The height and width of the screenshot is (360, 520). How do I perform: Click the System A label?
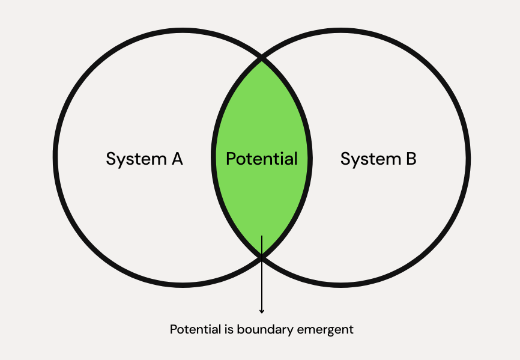144,159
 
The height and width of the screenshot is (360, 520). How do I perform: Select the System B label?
378,159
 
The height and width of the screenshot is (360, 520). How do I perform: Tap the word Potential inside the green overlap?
262,159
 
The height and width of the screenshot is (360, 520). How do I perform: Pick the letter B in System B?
411,159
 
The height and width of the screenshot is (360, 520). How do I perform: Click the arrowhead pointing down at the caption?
262,311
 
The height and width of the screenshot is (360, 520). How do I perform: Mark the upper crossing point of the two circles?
262,59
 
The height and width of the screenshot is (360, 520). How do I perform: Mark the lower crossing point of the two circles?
262,258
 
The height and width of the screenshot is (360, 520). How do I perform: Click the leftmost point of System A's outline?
56,159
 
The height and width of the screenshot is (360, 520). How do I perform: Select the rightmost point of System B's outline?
468,159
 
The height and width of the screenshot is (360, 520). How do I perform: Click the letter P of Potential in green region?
231,159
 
